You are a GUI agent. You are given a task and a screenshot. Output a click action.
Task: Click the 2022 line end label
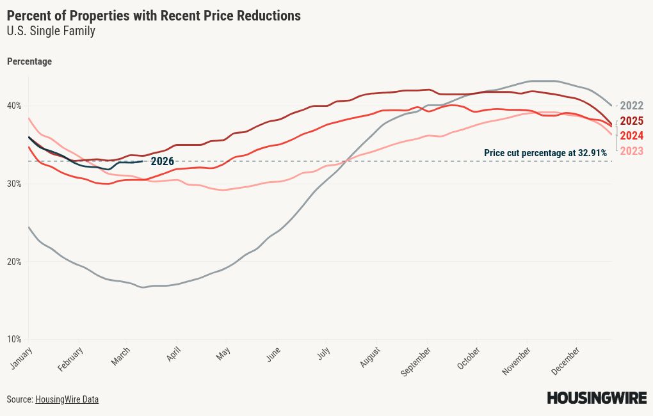pyautogui.click(x=632, y=106)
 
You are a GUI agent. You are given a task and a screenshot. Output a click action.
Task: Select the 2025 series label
pyautogui.click(x=632, y=121)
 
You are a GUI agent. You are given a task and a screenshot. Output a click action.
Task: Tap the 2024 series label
pyautogui.click(x=632, y=136)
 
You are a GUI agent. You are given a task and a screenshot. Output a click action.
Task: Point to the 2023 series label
pyautogui.click(x=632, y=151)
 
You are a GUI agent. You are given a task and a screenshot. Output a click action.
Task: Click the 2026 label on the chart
pyautogui.click(x=162, y=161)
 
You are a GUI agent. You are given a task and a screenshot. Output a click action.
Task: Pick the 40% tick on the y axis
pyautogui.click(x=14, y=106)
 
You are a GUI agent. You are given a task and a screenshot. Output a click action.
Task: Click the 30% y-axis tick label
pyautogui.click(x=14, y=184)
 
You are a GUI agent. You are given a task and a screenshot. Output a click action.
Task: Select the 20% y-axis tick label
pyautogui.click(x=14, y=262)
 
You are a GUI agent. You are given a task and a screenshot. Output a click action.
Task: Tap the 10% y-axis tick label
pyautogui.click(x=14, y=339)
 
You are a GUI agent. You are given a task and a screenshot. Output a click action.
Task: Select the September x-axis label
pyautogui.click(x=416, y=361)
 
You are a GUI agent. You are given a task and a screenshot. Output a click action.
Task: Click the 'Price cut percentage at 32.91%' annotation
pyautogui.click(x=545, y=153)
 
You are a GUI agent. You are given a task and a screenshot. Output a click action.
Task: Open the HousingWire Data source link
pyautogui.click(x=67, y=399)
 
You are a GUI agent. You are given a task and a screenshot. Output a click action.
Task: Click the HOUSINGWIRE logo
pyautogui.click(x=597, y=398)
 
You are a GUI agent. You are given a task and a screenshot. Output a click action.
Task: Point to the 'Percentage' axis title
pyautogui.click(x=29, y=61)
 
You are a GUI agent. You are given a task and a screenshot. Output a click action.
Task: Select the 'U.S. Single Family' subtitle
pyautogui.click(x=51, y=31)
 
